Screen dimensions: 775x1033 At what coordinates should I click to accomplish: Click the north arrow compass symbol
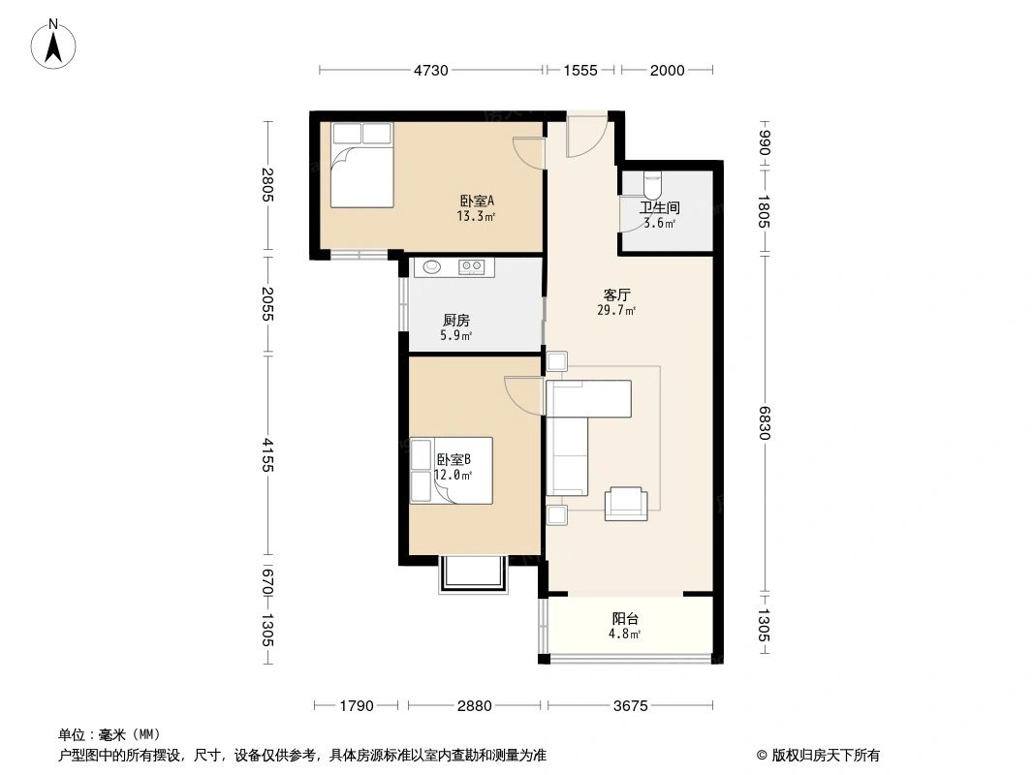point(55,43)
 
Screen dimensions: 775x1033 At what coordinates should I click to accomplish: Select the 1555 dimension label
point(580,70)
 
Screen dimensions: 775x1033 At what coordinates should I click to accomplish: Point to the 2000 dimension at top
point(667,70)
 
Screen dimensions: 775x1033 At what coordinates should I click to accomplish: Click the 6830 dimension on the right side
point(765,422)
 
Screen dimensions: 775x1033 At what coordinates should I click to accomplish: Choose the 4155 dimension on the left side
point(268,455)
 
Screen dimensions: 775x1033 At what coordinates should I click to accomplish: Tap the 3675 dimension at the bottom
point(630,706)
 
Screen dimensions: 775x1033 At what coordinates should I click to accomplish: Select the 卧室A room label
point(477,201)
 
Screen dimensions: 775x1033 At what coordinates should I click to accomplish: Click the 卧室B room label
point(454,460)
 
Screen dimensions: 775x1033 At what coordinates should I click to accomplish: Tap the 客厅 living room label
point(617,295)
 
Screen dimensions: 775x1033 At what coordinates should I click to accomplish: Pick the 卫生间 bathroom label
point(659,207)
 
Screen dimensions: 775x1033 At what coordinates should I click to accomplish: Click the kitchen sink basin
point(428,267)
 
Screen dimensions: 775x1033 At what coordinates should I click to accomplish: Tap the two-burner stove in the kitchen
point(472,267)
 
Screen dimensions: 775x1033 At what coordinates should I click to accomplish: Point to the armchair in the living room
point(626,503)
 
